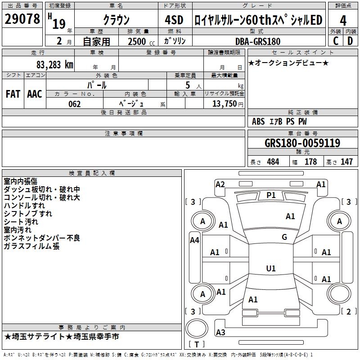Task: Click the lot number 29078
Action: pyautogui.click(x=22, y=19)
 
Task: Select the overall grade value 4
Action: pyautogui.click(x=343, y=20)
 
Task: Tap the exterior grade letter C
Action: pyautogui.click(x=336, y=41)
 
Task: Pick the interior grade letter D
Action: pyautogui.click(x=350, y=41)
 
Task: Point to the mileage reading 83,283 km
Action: pyautogui.click(x=55, y=65)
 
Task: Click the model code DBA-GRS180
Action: pyautogui.click(x=258, y=41)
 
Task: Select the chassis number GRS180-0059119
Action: pyautogui.click(x=302, y=143)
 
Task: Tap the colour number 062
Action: pyautogui.click(x=75, y=104)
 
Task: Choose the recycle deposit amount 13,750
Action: pyautogui.click(x=225, y=104)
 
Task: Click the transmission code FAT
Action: pyautogui.click(x=13, y=94)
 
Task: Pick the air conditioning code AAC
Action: pyautogui.click(x=35, y=94)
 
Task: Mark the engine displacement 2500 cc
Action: pyautogui.click(x=141, y=41)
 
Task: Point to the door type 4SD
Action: pyautogui.click(x=174, y=20)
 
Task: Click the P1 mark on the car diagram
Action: pyautogui.click(x=271, y=195)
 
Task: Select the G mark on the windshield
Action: pyautogui.click(x=284, y=237)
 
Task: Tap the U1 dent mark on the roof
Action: pyautogui.click(x=271, y=268)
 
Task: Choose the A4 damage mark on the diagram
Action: pyautogui.click(x=194, y=240)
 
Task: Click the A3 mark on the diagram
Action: pyautogui.click(x=220, y=332)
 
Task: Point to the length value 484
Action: pyautogui.click(x=273, y=162)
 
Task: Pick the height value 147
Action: pyautogui.click(x=346, y=162)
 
